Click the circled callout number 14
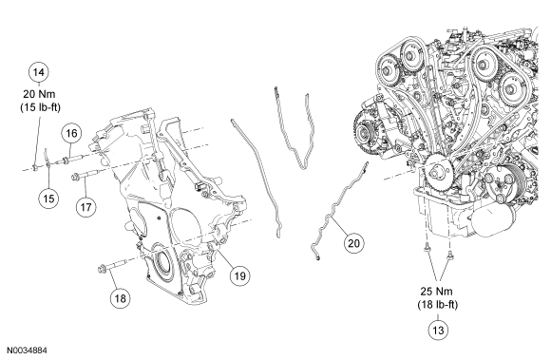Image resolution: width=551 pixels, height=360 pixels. point(38,72)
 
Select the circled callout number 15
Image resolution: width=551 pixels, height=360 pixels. point(48,199)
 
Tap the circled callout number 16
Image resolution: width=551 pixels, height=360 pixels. point(71,133)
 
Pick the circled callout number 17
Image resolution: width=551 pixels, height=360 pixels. point(86,207)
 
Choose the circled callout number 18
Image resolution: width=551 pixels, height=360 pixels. point(121,298)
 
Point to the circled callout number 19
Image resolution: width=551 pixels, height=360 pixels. point(240,275)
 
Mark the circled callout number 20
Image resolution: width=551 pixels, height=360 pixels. point(353,243)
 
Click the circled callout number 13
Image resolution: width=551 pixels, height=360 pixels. point(438,331)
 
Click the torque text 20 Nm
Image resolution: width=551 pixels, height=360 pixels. point(39,94)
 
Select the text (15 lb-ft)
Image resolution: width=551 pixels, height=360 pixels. point(40,107)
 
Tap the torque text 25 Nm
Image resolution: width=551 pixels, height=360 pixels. point(437,292)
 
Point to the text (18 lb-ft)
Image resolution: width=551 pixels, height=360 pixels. point(438,305)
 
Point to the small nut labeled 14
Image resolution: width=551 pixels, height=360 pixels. point(35,167)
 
